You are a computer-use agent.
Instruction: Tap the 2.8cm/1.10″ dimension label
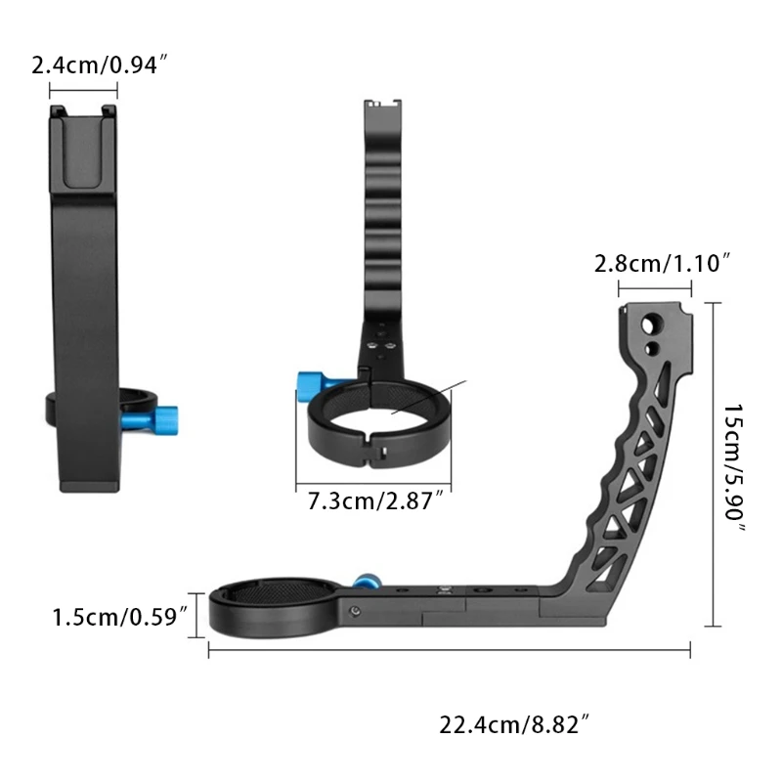pyautogui.click(x=663, y=263)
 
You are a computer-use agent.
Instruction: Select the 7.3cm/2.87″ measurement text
pyautogui.click(x=375, y=502)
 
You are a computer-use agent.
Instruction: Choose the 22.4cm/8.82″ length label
pyautogui.click(x=514, y=725)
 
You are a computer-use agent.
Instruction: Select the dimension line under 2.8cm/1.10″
pyautogui.click(x=655, y=288)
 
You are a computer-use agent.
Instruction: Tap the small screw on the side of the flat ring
pyautogui.click(x=353, y=612)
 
